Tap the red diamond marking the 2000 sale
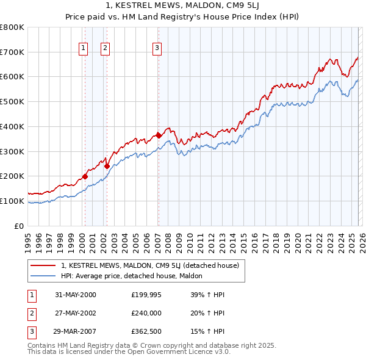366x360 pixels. tap(85, 176)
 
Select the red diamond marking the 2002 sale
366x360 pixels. tap(107, 165)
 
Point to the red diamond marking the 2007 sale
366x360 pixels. tap(159, 135)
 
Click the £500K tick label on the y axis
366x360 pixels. tap(12, 102)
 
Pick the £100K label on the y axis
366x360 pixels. tap(12, 201)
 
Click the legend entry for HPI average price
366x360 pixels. tap(135, 276)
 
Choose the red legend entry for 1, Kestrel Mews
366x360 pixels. tap(154, 265)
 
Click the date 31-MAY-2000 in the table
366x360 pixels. tap(76, 295)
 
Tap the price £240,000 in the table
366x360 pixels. tap(146, 313)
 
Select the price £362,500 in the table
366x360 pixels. tap(146, 331)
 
